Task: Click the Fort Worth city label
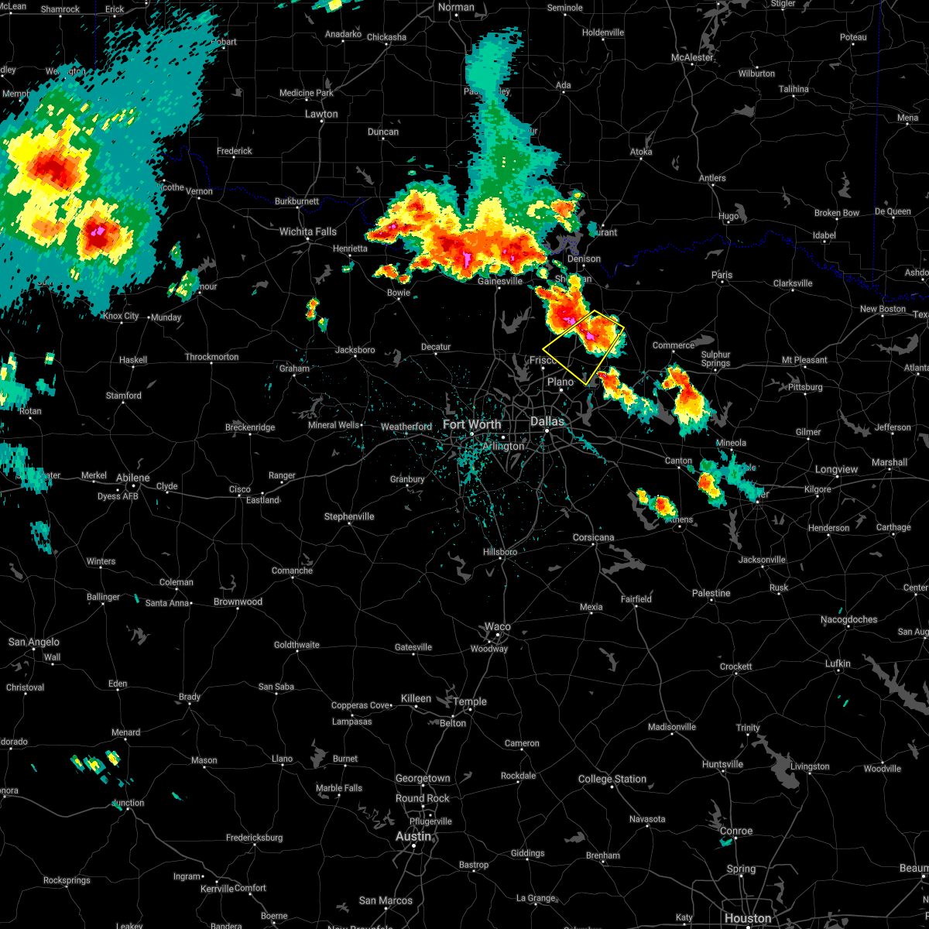tap(471, 424)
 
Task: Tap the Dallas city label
tap(547, 421)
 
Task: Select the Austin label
tap(413, 836)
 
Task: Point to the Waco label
tap(498, 626)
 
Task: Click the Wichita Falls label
tap(307, 231)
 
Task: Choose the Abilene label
tap(132, 478)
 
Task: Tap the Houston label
tap(748, 918)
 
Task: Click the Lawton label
tap(321, 114)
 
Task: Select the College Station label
tap(612, 779)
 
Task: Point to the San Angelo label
tap(33, 642)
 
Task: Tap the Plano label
tap(560, 382)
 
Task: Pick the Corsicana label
tap(593, 537)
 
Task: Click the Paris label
tap(722, 275)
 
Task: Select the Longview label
tap(836, 469)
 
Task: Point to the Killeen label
tap(416, 698)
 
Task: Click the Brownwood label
tap(238, 602)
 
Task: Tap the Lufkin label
tap(838, 663)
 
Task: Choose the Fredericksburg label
tap(254, 838)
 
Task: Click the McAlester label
tap(692, 58)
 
